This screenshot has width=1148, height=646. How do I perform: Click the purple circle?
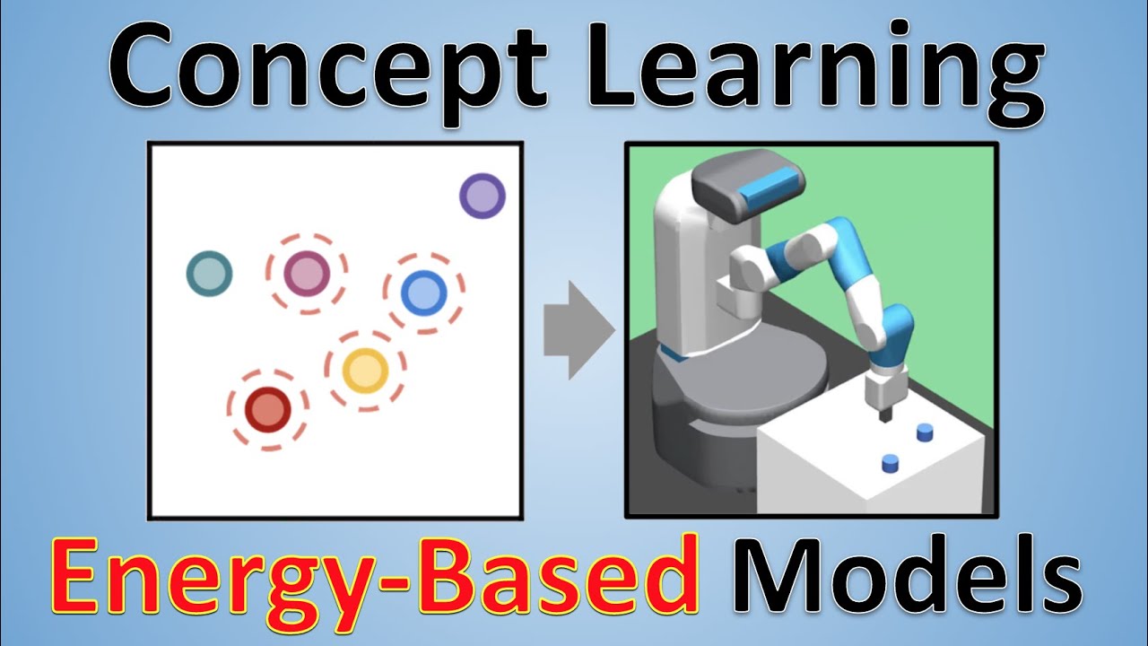[483, 196]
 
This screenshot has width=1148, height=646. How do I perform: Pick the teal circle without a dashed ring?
[209, 274]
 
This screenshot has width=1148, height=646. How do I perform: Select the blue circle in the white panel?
[423, 292]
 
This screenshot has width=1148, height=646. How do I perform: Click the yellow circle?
[365, 370]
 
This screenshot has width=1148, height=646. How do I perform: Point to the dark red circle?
[266, 409]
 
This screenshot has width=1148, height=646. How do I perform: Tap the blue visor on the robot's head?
[770, 186]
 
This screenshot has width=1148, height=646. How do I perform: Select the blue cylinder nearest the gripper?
[925, 433]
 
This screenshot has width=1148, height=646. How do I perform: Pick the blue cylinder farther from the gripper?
[891, 463]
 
